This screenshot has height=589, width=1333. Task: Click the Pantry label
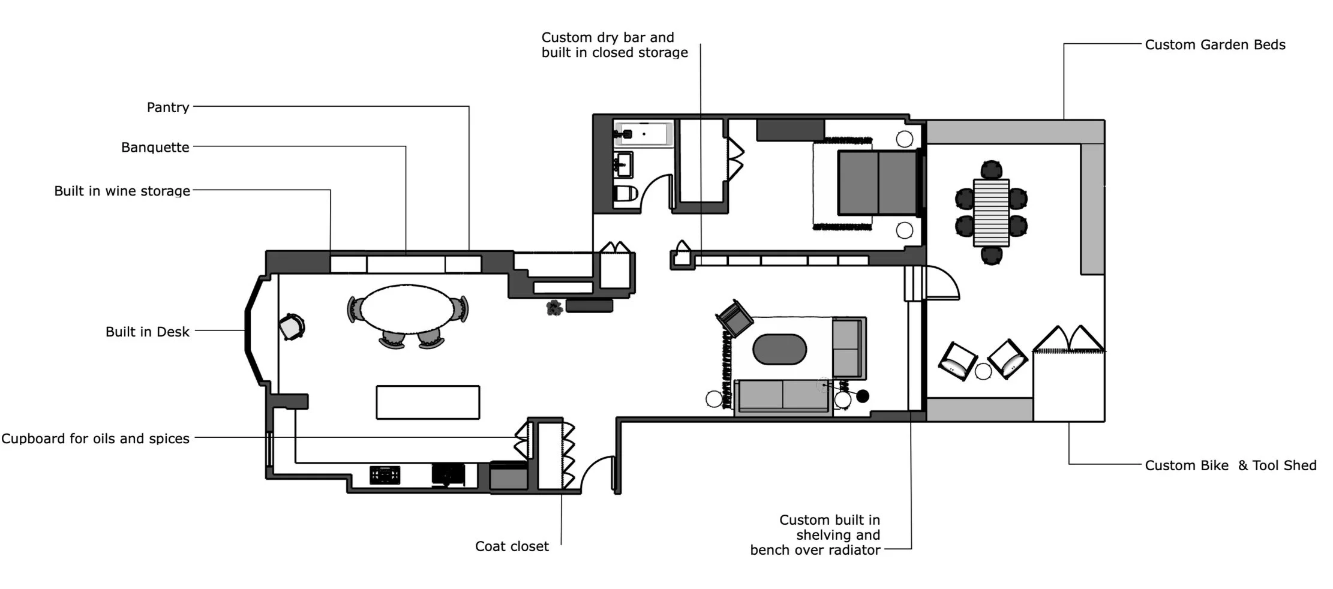coord(168,107)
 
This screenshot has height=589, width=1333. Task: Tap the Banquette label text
coord(155,148)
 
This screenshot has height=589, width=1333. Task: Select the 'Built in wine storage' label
coord(122,191)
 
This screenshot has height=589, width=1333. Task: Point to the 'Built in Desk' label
coord(147,332)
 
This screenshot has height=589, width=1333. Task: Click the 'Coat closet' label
coord(512,546)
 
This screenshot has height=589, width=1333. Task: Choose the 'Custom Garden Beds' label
coord(1215,45)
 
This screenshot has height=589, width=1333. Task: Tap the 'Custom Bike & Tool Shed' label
coord(1230,465)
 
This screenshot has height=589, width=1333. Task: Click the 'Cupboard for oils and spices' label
coord(95,438)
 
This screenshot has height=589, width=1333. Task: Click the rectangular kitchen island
coord(428,402)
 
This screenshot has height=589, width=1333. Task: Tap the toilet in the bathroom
coord(625,194)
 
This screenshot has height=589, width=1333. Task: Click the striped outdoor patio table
coord(991,213)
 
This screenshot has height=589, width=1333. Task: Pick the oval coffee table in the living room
coord(779,349)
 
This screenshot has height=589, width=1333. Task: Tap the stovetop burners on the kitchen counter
coord(385,475)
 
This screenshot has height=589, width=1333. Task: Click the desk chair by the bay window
coord(292,327)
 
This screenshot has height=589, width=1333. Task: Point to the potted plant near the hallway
coord(554,308)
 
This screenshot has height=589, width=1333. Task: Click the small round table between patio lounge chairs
coord(983,372)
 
